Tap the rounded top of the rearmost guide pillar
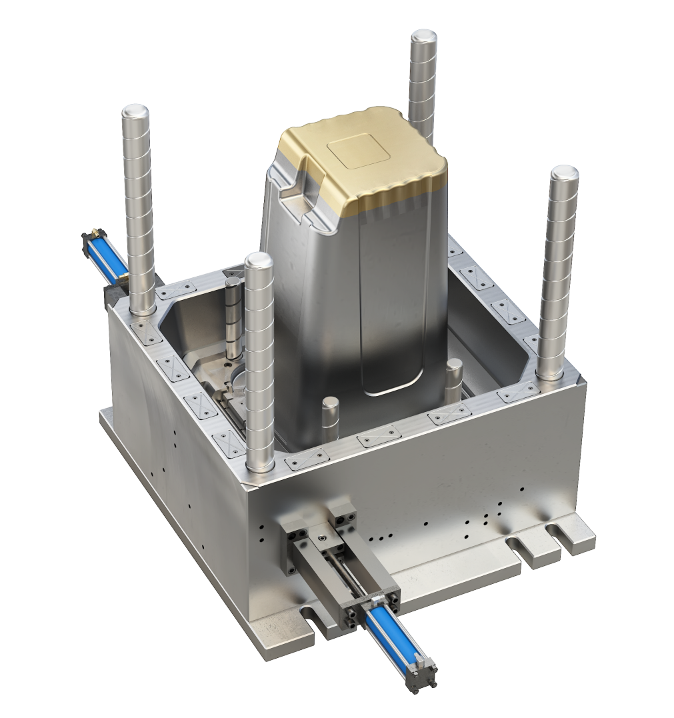(x=423, y=38)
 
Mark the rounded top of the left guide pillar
(x=135, y=113)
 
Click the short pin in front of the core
(x=329, y=413)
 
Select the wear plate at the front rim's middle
(x=373, y=441)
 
